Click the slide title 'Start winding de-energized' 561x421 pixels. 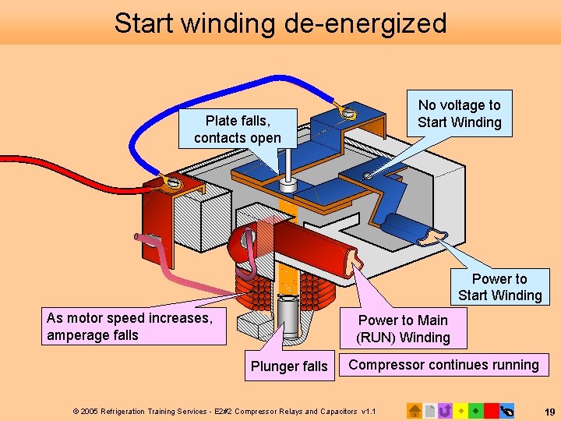[x=280, y=23]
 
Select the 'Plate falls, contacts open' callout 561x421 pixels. [x=238, y=129]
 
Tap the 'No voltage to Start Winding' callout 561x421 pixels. [x=460, y=114]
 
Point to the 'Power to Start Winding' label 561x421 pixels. [x=499, y=287]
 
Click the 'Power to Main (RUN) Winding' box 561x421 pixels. [x=403, y=328]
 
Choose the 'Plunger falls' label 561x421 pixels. [x=289, y=366]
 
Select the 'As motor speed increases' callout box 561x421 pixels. [x=133, y=327]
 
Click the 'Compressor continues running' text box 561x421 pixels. [x=443, y=365]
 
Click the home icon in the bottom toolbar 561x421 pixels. [x=415, y=410]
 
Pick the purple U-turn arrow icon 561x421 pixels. [x=445, y=410]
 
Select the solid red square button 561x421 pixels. [x=491, y=410]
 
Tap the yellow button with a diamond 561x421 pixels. [x=460, y=410]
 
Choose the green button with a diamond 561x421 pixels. [x=475, y=410]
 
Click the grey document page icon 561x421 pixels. [x=429, y=410]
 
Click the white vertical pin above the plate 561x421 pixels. [x=288, y=166]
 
